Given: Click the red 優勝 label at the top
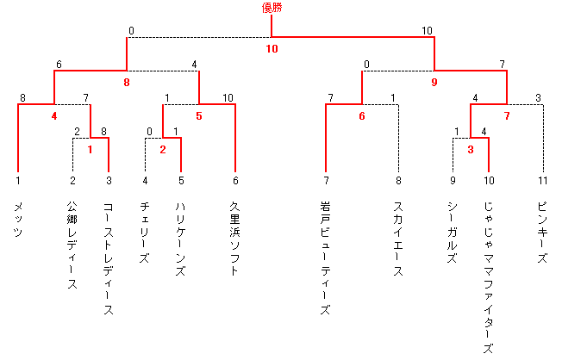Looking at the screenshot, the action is click(x=272, y=8).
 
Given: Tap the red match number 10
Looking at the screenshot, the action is click(x=272, y=49).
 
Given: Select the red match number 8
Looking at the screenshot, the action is click(x=127, y=83).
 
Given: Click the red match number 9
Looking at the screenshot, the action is click(x=434, y=83).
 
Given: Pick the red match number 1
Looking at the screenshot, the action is click(x=90, y=149).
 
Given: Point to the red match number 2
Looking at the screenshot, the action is click(x=163, y=149).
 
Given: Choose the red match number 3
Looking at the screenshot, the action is click(x=471, y=149).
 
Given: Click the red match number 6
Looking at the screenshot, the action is click(x=362, y=116).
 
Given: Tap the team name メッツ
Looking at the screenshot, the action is click(x=18, y=220).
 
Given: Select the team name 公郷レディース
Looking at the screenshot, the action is click(x=72, y=245).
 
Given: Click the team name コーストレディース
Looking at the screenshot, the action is click(x=109, y=258).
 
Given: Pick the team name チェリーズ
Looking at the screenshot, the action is click(x=145, y=233).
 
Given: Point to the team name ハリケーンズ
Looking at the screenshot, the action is click(x=181, y=239).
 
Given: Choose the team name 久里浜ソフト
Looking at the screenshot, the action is click(x=234, y=239).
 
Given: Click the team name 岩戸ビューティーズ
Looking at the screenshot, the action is click(x=326, y=258).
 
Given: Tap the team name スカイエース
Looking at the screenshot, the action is click(x=398, y=239).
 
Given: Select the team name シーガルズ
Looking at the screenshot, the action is click(x=453, y=233).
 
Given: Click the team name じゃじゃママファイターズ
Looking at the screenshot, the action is click(x=489, y=277).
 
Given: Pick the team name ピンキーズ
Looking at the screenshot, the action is click(x=543, y=233).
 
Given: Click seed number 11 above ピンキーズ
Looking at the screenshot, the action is click(x=543, y=181).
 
